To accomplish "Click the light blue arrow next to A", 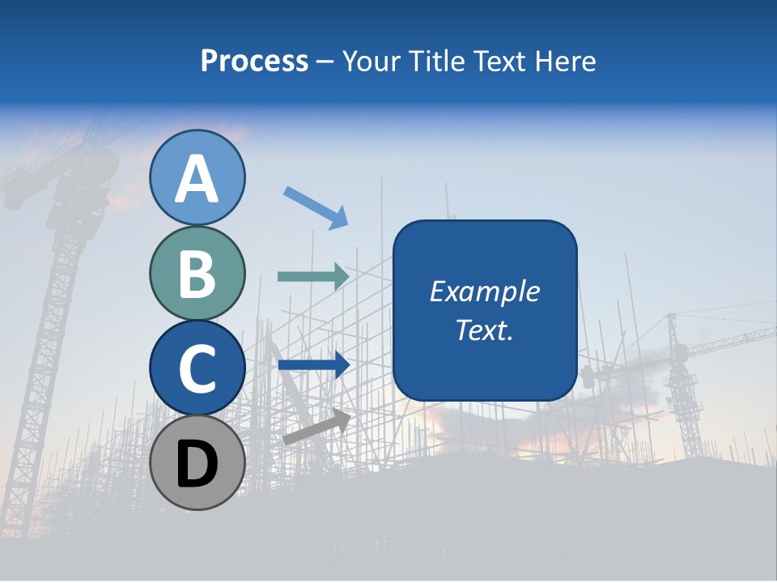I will click(316, 207).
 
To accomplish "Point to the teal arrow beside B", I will click(313, 277).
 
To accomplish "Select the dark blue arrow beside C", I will click(313, 365).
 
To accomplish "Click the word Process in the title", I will click(255, 61).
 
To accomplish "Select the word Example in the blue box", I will click(485, 291).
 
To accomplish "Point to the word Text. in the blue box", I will click(485, 330).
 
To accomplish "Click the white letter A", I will click(197, 179).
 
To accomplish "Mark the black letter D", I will click(197, 464).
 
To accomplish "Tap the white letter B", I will click(197, 274).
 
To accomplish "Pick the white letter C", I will click(197, 368).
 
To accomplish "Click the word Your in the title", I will click(368, 61).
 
